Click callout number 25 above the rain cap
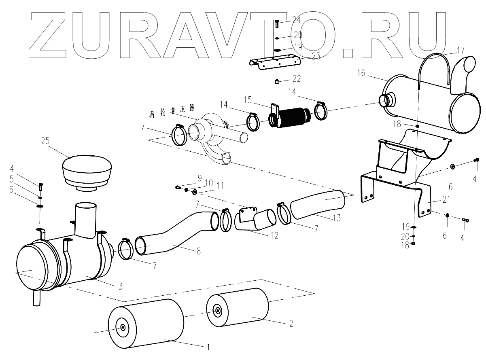[45, 141]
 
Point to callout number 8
[198, 251]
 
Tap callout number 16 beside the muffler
[361, 73]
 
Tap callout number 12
[274, 235]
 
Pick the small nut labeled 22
[277, 83]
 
